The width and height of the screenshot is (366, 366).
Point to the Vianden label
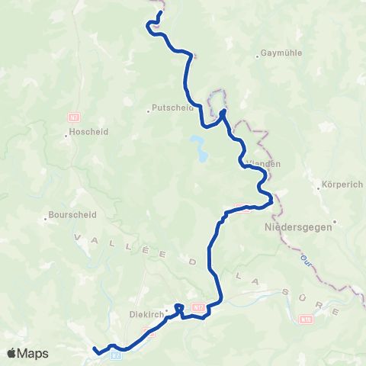tap(264, 163)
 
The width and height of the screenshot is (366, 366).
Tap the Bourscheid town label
tap(72, 215)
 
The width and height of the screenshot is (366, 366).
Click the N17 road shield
tap(198, 307)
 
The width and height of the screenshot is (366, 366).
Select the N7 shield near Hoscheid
tap(74, 117)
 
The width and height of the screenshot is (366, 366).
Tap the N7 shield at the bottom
tap(116, 355)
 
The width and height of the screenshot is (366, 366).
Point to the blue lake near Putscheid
tap(200, 149)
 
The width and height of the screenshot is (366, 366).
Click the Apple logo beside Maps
tap(12, 353)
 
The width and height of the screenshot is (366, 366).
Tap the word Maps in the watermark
tap(34, 354)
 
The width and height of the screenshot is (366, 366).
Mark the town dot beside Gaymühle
tap(257, 54)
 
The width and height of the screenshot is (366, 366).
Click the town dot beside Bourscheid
tap(45, 215)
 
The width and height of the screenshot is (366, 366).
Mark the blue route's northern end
tap(162, 13)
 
